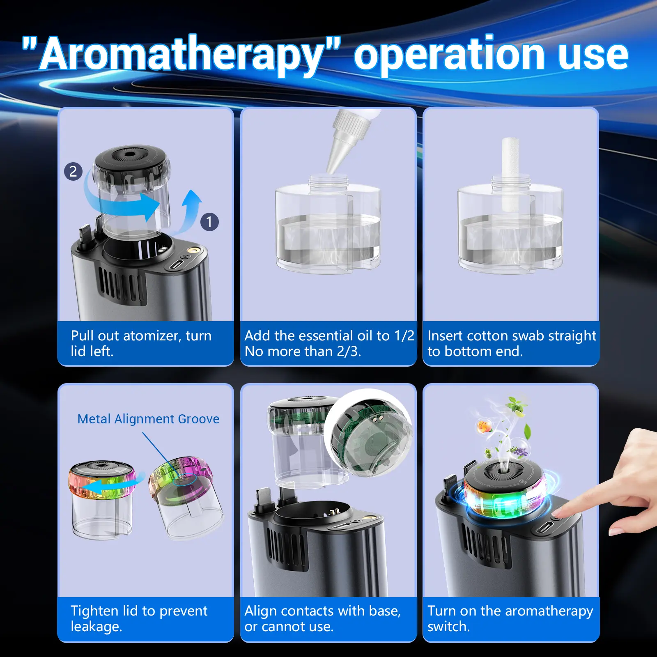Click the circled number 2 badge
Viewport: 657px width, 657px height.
point(73,171)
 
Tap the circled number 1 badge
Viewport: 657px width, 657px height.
point(209,222)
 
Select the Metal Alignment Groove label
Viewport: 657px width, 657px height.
point(148,419)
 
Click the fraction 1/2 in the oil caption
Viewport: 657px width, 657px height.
point(404,336)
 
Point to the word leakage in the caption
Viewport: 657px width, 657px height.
point(96,627)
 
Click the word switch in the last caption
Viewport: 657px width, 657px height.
point(448,627)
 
